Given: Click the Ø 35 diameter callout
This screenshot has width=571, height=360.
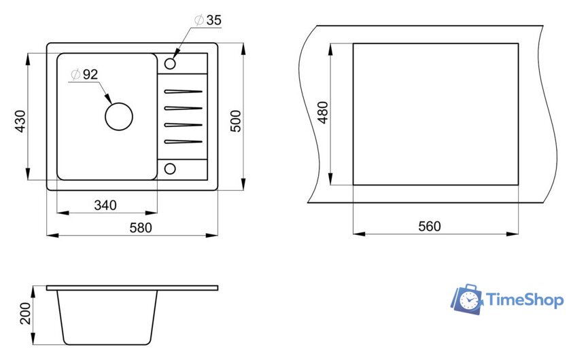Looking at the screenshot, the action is (x=208, y=20).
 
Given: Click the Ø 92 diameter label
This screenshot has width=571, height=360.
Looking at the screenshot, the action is (x=84, y=74).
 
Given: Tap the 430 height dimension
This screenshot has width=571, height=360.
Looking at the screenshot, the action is (x=20, y=121).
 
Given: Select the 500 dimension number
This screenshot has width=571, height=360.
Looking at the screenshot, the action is (x=236, y=121).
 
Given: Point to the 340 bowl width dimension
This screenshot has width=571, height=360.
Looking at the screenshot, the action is (x=105, y=205).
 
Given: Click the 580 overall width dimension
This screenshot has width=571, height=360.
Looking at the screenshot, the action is (x=141, y=228).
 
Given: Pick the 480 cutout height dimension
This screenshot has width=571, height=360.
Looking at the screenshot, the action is (x=323, y=113).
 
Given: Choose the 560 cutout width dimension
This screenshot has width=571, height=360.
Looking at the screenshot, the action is (x=430, y=226).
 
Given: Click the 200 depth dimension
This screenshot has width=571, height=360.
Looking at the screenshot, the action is (x=26, y=313).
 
